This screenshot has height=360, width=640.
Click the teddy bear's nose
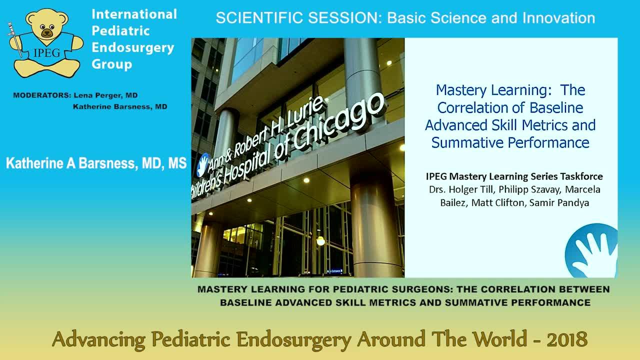46,33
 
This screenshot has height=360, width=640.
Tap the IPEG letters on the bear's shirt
47,53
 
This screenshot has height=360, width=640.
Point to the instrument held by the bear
15,39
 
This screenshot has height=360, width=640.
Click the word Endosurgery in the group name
133,47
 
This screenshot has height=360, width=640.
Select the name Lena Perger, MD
105,95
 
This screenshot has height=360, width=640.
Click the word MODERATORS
41,95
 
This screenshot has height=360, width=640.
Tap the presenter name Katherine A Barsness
70,163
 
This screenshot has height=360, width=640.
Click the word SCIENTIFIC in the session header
259,17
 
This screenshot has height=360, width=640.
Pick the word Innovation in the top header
559,17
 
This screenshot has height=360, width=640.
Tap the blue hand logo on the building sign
203,164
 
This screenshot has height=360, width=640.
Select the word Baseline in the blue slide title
556,107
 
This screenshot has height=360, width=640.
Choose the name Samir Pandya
559,202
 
